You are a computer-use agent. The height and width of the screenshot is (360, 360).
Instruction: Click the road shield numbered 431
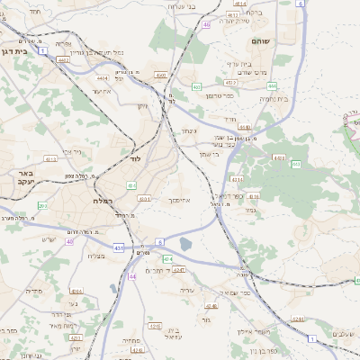(x=119, y=247)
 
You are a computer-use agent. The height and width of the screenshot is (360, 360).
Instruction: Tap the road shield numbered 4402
(x=63, y=59)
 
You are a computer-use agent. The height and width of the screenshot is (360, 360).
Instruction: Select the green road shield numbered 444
(x=271, y=85)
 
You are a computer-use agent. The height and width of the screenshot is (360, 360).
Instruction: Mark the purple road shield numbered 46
(x=206, y=25)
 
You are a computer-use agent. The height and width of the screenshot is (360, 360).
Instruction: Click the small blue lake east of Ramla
(x=185, y=243)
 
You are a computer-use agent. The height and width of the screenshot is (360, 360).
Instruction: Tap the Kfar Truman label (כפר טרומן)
(x=219, y=95)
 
